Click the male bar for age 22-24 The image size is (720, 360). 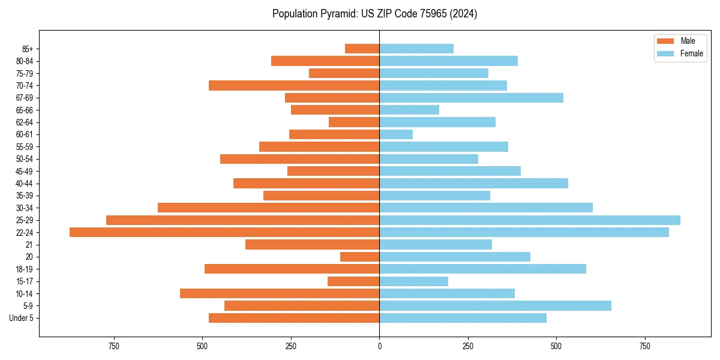[x=224, y=232]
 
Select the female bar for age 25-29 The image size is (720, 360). [x=530, y=220]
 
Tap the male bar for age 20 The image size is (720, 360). [x=360, y=257]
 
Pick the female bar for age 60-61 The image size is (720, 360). [x=396, y=134]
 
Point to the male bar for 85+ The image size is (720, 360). [x=362, y=49]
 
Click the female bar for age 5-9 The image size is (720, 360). [x=495, y=305]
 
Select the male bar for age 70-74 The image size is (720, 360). [x=294, y=85]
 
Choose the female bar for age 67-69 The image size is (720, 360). [x=471, y=98]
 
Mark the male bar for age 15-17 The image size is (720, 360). [x=353, y=281]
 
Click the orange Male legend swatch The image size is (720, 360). [x=665, y=41]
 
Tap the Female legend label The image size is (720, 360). [x=692, y=53]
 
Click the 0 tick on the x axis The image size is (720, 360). [x=379, y=346]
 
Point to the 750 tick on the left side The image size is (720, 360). [x=113, y=346]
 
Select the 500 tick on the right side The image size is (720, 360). [x=556, y=346]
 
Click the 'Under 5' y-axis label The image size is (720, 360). [x=22, y=318]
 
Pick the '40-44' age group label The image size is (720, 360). [x=25, y=184]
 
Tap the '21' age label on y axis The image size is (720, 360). [x=29, y=245]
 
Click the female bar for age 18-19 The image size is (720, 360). [x=482, y=269]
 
